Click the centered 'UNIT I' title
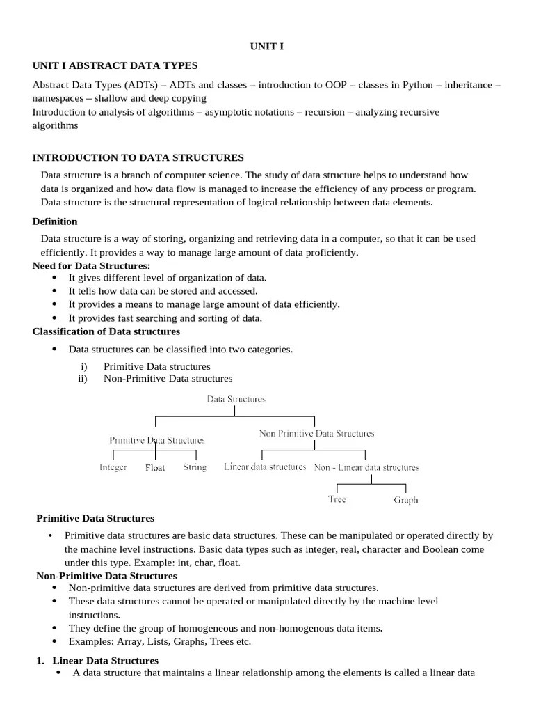[267, 47]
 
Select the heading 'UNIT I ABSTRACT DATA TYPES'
[115, 65]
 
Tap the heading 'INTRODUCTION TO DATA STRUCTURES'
[138, 158]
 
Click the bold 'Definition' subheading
[55, 221]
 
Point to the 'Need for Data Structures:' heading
[91, 266]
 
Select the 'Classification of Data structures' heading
[106, 331]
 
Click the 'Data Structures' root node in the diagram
[236, 400]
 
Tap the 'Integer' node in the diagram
[113, 467]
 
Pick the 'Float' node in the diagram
[155, 468]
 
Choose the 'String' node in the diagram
[195, 467]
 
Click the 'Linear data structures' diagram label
[265, 467]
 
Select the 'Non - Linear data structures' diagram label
[366, 467]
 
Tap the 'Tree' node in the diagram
[337, 499]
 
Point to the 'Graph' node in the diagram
[406, 500]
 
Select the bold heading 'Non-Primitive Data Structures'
[106, 576]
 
